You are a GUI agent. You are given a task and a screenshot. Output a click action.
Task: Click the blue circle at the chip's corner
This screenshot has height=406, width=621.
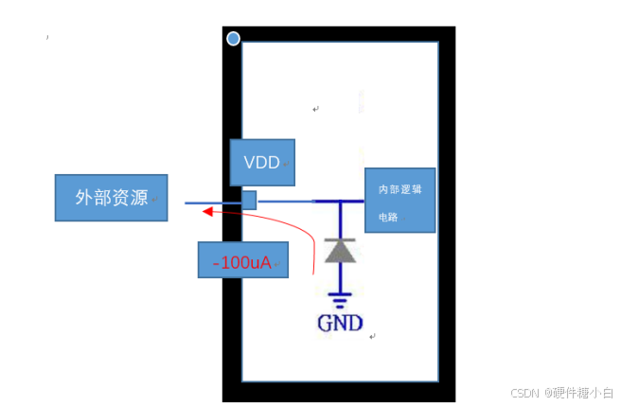233,39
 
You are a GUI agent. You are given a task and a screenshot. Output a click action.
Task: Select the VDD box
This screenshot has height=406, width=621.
262,162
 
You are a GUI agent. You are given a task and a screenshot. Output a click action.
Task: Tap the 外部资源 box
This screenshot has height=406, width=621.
111,198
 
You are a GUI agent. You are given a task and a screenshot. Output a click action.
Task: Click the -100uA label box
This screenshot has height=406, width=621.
242,260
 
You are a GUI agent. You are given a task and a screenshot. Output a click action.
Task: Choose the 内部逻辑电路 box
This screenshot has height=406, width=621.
399,200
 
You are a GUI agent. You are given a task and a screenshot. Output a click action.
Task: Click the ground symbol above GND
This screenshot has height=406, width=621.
340,302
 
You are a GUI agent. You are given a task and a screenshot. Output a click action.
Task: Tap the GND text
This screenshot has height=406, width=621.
340,323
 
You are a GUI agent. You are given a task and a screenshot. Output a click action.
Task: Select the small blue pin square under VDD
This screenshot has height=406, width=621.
249,200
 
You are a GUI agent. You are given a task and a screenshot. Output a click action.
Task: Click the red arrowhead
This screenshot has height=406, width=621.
205,213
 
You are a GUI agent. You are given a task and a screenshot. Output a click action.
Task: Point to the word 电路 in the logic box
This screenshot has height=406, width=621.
388,217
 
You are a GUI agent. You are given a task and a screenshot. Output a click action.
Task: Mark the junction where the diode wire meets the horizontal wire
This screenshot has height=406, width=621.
340,201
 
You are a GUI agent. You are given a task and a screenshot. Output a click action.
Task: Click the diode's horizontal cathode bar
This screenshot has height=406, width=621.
340,238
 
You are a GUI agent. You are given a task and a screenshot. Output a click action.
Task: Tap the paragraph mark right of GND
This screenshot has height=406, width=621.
373,335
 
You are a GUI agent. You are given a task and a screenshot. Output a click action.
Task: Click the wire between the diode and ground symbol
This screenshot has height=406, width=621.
340,279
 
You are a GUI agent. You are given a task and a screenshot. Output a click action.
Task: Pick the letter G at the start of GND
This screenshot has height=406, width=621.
326,323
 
